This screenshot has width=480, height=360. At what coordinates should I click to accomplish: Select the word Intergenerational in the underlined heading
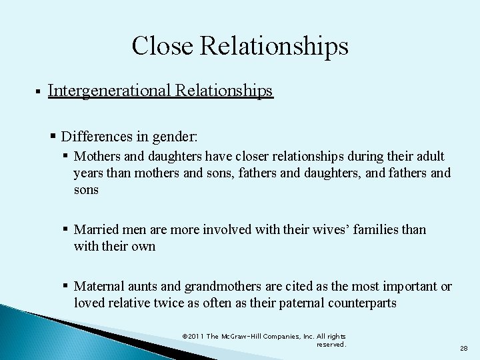tap(110, 91)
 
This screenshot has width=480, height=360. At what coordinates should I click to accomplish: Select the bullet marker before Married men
tap(67, 229)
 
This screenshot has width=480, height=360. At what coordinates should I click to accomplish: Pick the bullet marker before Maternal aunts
tap(67, 286)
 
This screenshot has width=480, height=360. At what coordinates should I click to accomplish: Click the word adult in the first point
tap(430, 156)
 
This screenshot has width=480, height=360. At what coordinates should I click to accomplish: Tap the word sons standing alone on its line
tap(86, 190)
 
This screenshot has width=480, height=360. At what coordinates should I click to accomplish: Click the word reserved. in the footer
tap(331, 345)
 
